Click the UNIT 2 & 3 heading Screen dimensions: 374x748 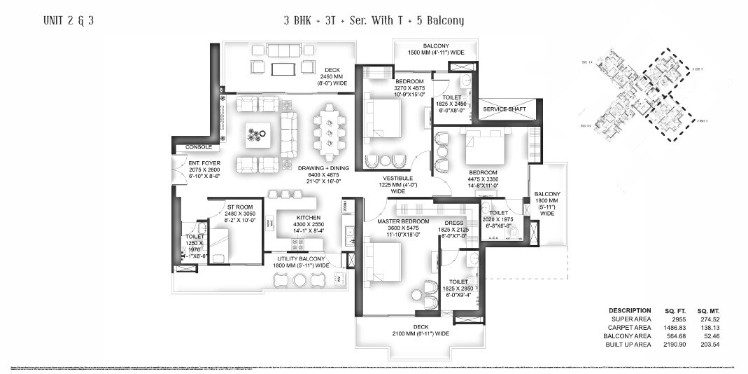(x=69, y=21)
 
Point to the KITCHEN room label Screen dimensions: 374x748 (x=308, y=217)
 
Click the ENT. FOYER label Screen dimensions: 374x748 (x=204, y=163)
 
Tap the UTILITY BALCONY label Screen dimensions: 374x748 (x=302, y=258)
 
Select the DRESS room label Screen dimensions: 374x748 (x=454, y=223)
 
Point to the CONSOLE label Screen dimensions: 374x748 (x=198, y=147)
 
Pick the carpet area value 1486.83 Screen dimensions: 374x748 (x=672, y=328)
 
